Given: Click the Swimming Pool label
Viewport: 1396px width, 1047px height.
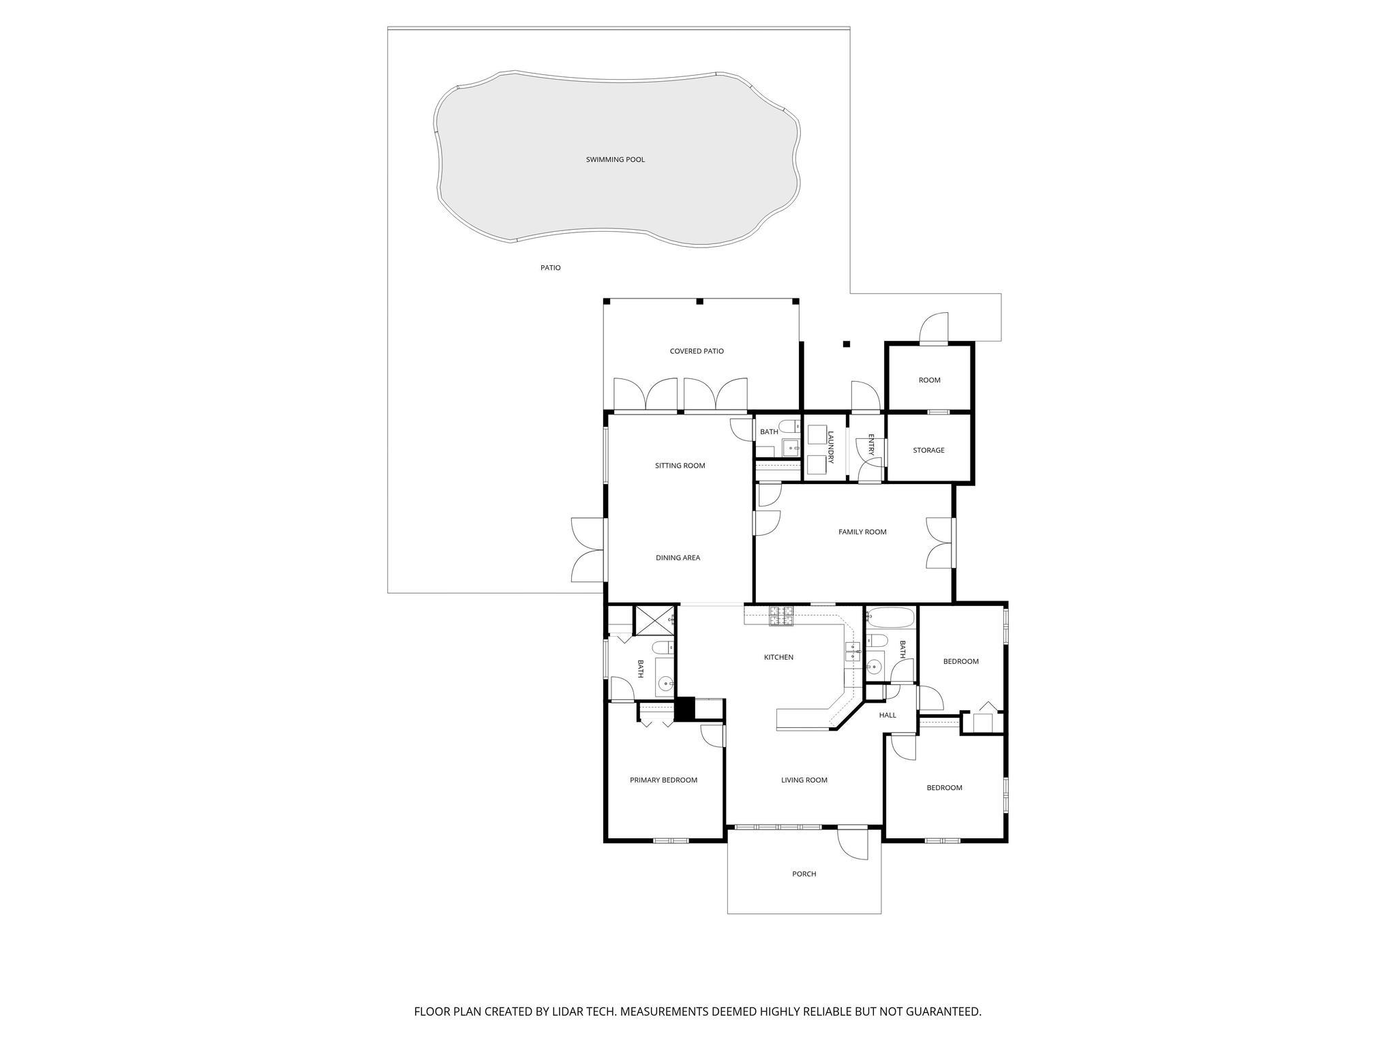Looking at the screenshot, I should pos(615,160).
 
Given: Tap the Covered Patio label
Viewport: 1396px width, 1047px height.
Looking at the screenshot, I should pos(696,351).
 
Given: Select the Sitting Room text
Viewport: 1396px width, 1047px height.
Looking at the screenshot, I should pos(680,466).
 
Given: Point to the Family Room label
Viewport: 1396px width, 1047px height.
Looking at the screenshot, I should pos(862,532).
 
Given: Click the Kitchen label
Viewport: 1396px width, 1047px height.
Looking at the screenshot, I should pos(778,657).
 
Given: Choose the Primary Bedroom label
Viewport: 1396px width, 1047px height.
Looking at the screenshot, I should pos(663,780).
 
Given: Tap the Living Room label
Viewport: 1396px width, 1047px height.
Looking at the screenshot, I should pos(804,780).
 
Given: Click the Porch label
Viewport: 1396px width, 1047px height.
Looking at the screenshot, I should pos(804,874).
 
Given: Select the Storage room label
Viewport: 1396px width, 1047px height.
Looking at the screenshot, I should pos(928,450).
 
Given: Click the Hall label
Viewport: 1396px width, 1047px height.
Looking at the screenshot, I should pos(887,715).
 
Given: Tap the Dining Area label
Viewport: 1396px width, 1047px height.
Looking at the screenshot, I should pos(678,558).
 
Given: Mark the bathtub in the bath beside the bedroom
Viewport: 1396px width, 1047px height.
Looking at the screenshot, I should pos(890,619).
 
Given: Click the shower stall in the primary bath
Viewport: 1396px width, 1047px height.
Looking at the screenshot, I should pos(654,620).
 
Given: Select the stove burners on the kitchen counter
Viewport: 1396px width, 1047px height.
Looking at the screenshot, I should pos(782,616).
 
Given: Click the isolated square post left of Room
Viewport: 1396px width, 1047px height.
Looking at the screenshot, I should pos(847,344).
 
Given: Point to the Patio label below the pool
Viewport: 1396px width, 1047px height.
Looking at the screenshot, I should pos(550,268).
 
